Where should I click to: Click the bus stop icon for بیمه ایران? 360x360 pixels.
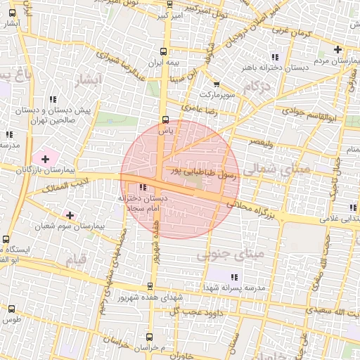tap(164, 51)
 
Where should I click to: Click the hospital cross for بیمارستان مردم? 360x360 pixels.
tap(338, 49)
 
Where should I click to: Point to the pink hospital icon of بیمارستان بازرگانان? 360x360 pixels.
tap(46, 160)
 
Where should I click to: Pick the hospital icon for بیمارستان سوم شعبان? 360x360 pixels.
tap(69, 214)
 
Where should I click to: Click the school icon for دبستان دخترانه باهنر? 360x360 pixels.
tap(276, 57)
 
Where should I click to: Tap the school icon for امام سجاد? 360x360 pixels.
tap(143, 188)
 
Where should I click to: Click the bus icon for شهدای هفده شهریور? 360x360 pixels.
tap(149, 286)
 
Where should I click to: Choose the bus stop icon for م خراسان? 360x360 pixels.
tap(162, 337)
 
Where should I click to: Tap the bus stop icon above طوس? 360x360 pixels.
tap(11, 308)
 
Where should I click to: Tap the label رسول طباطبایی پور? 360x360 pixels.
tap(203, 172)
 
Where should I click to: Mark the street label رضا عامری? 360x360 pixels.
tap(201, 108)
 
